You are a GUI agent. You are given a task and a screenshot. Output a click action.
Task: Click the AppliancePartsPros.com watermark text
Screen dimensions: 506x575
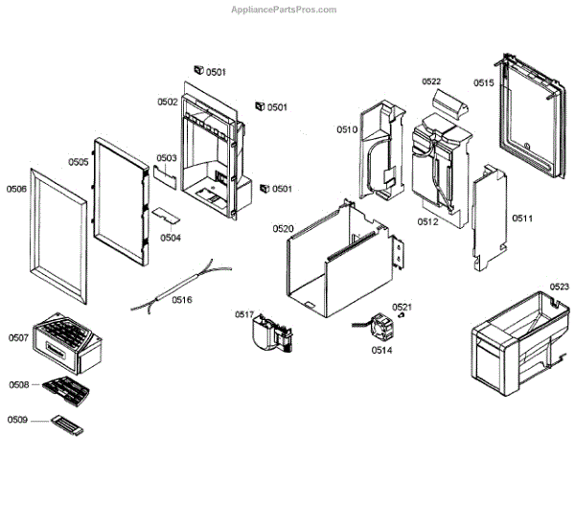coord(284,10)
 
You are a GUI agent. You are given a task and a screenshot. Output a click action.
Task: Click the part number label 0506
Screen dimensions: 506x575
coord(16,189)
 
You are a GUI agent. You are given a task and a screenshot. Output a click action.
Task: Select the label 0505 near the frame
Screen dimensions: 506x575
coord(79,162)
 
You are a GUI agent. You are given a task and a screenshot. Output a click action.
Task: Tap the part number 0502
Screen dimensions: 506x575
coord(168,102)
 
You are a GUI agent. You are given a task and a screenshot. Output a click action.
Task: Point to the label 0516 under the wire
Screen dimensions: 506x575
coord(182,300)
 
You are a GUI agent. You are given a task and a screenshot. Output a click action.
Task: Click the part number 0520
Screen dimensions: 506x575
coord(283,228)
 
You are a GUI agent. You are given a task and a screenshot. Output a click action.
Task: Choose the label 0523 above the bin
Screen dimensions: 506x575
coord(559,287)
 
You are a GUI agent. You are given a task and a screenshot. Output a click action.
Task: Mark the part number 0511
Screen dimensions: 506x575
coord(522,219)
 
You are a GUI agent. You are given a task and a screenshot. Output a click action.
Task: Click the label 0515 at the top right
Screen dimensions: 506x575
coord(483,83)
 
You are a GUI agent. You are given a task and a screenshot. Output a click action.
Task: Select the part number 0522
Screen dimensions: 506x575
coord(431,82)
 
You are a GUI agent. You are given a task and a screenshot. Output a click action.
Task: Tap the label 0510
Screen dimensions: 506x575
coord(346,129)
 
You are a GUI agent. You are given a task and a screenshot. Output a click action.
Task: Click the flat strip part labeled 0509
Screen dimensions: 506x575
coord(66,425)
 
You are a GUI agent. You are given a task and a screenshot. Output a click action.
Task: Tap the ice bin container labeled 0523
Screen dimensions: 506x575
coord(516,340)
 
